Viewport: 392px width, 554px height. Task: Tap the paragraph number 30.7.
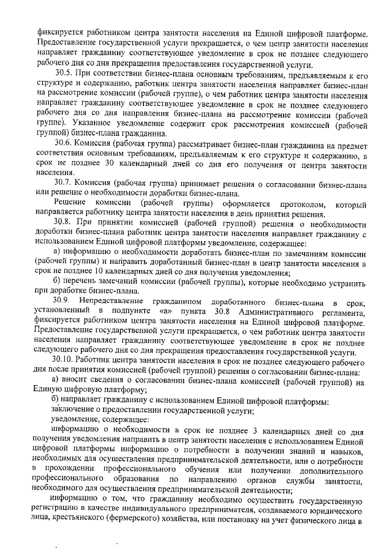[61, 182]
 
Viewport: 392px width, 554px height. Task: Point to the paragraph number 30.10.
[63, 361]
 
